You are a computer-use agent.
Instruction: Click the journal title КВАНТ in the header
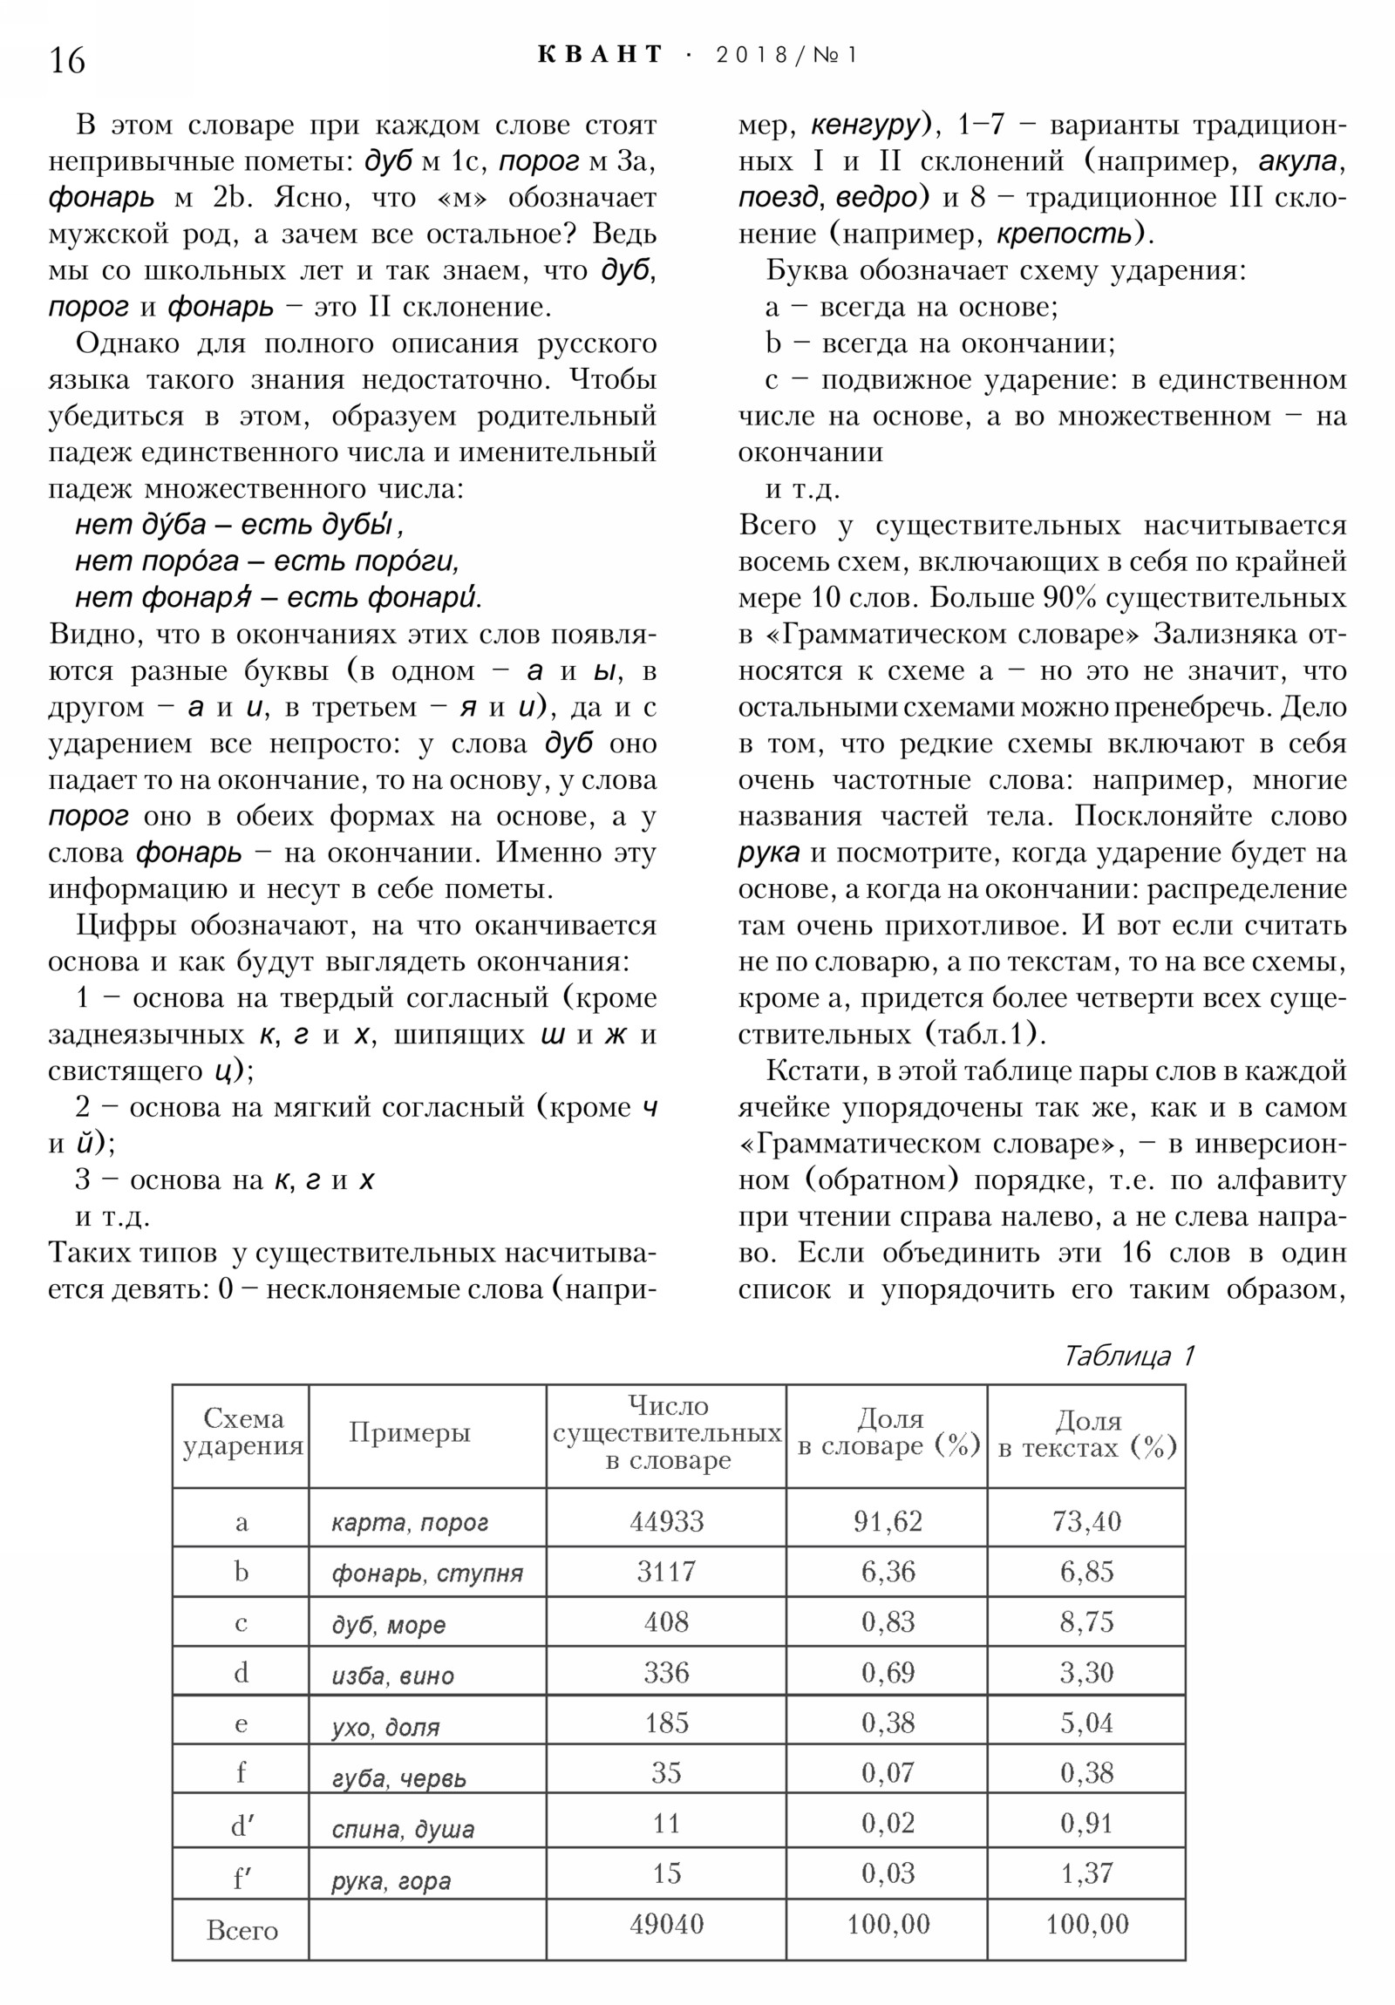pyautogui.click(x=600, y=55)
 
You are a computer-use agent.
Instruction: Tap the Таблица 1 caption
pyautogui.click(x=1126, y=1356)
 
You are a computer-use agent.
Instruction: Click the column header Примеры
pyautogui.click(x=410, y=1432)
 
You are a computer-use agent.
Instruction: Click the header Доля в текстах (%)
pyautogui.click(x=1086, y=1434)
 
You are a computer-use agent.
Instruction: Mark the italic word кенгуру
pyautogui.click(x=865, y=126)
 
